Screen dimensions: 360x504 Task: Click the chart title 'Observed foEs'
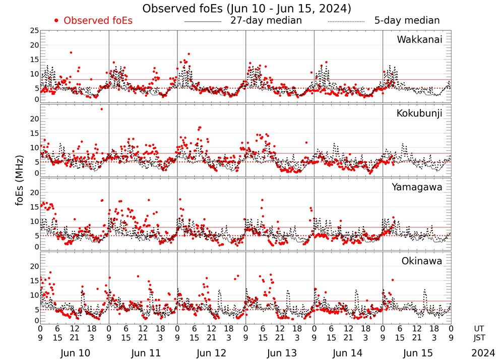click(246, 9)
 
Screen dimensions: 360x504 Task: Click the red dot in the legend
click(56, 21)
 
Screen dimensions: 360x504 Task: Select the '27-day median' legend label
click(266, 21)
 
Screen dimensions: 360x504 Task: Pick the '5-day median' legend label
click(407, 21)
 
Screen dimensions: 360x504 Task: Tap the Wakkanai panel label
click(419, 40)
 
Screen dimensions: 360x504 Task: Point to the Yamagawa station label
click(417, 187)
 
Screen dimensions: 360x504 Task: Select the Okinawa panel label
click(422, 261)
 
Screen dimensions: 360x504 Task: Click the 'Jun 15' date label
click(417, 353)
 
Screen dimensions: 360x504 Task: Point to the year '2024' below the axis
click(483, 353)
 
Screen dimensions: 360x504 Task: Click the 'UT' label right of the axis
click(482, 328)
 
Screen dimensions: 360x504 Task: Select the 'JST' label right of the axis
click(482, 337)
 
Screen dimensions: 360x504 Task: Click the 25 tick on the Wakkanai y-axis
click(34, 31)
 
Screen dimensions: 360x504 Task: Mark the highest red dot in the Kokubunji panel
click(101, 109)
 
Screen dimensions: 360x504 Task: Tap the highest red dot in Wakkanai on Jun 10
click(71, 52)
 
